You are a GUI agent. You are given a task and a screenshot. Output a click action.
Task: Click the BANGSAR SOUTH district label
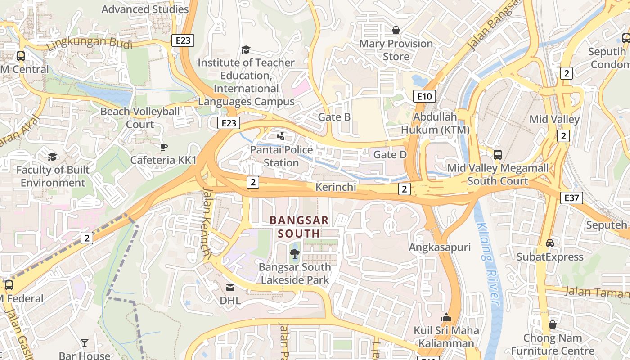pos(299,227)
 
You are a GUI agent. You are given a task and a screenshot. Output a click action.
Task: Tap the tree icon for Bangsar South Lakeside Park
pos(294,254)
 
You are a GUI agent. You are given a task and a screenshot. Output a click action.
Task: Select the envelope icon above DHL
pos(230,287)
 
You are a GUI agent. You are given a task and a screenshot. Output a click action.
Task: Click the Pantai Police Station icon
pos(281,136)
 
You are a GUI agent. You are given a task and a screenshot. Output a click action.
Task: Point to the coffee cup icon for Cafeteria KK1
pos(163,147)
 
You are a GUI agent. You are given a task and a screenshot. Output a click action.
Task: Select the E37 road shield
pos(571,198)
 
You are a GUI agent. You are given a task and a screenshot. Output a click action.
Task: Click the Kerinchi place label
pos(336,187)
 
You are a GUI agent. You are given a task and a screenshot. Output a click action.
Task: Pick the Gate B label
pos(334,117)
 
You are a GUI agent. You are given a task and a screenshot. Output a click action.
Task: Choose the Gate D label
pos(390,155)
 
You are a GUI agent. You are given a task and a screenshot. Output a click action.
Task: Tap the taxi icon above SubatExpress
pos(549,243)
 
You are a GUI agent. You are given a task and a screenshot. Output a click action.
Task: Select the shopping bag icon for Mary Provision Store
pos(396,30)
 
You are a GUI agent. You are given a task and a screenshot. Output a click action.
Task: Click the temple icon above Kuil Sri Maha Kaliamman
pos(446,317)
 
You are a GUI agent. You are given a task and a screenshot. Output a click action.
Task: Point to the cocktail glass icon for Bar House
pos(85,343)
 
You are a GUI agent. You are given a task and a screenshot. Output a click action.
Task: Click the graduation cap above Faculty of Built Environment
pos(53,157)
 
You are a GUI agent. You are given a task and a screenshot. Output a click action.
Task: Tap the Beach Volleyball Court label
pos(140,117)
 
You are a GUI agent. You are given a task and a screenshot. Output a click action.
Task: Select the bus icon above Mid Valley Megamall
pos(497,155)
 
